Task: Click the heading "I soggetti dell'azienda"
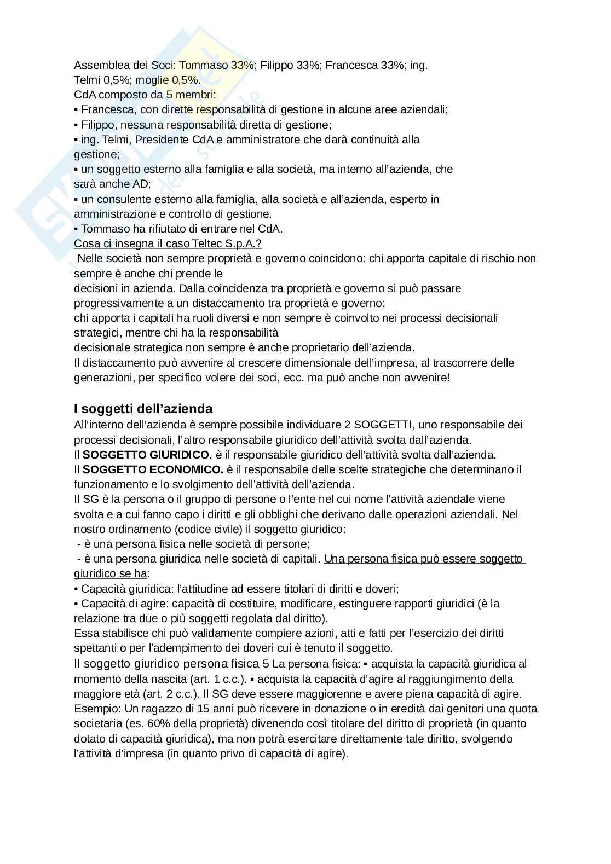pyautogui.click(x=143, y=409)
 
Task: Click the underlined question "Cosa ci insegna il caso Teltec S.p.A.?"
pyautogui.click(x=171, y=243)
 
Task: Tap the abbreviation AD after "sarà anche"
pyautogui.click(x=141, y=184)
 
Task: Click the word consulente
pyautogui.click(x=119, y=199)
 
